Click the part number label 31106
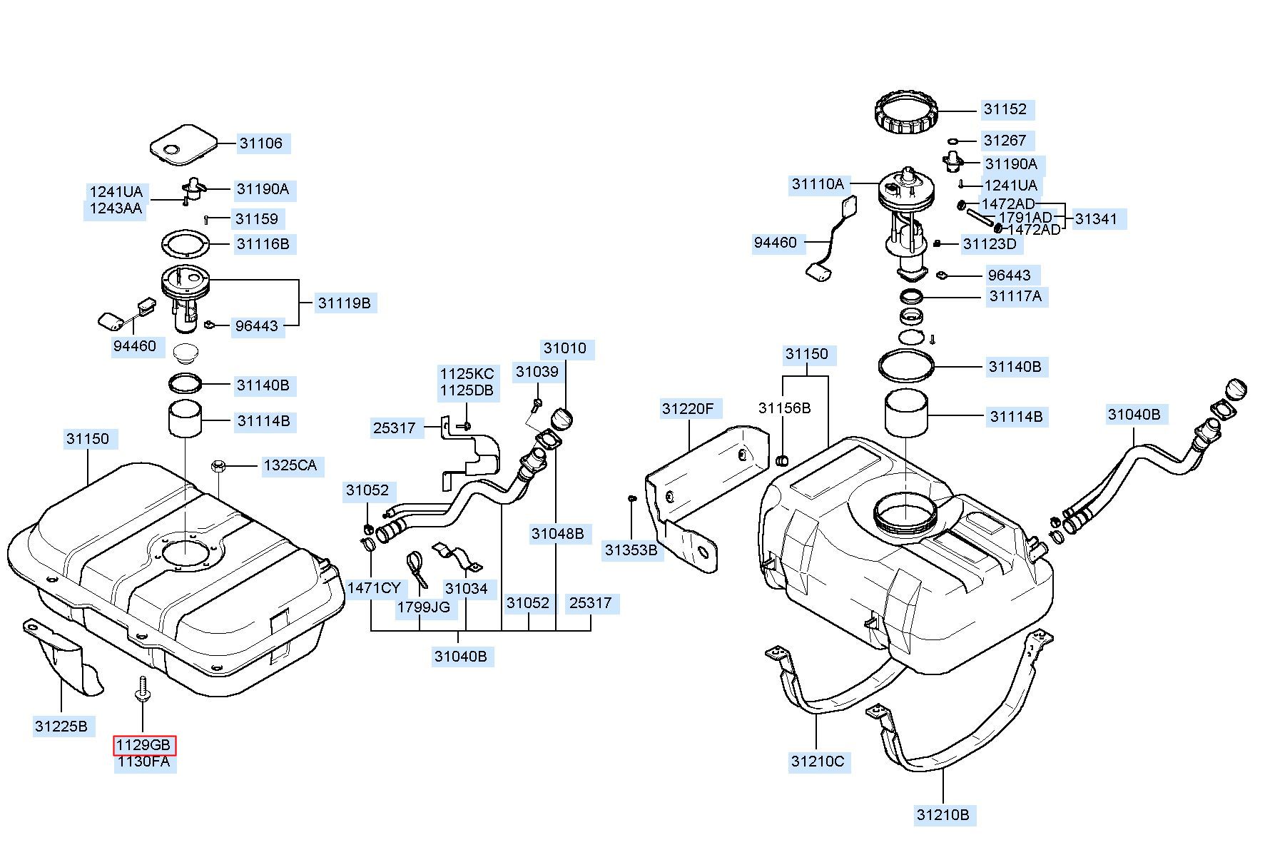pyautogui.click(x=261, y=143)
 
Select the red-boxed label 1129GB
pyautogui.click(x=144, y=746)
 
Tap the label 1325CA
pyautogui.click(x=290, y=466)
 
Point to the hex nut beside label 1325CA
pyautogui.click(x=219, y=467)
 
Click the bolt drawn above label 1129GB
pyautogui.click(x=142, y=689)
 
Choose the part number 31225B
pyautogui.click(x=61, y=727)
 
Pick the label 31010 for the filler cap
pyautogui.click(x=565, y=348)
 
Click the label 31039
pyautogui.click(x=537, y=372)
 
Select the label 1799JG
pyautogui.click(x=424, y=607)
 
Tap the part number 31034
pyautogui.click(x=466, y=589)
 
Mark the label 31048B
pyautogui.click(x=557, y=533)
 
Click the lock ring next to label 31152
pyautogui.click(x=905, y=112)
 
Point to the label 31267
pyautogui.click(x=1005, y=141)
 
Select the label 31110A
pyautogui.click(x=818, y=184)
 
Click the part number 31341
pyautogui.click(x=1095, y=219)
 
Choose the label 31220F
pyautogui.click(x=688, y=409)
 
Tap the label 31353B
pyautogui.click(x=631, y=550)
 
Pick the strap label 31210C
pyautogui.click(x=817, y=762)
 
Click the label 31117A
pyautogui.click(x=1015, y=296)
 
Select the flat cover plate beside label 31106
pyautogui.click(x=183, y=144)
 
